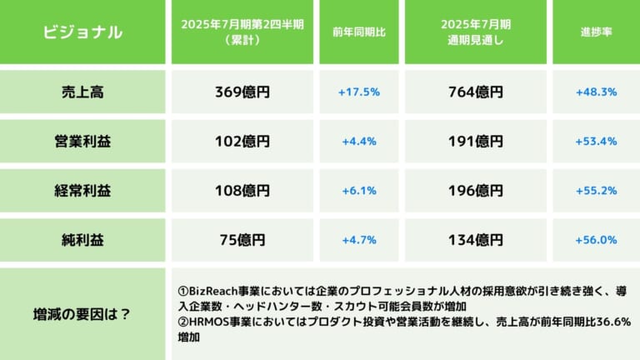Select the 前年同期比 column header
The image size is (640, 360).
[x=358, y=32]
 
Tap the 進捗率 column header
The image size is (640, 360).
[x=595, y=32]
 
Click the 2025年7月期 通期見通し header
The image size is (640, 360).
[x=476, y=32]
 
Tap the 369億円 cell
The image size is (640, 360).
[x=242, y=92]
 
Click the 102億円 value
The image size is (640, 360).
[x=242, y=142]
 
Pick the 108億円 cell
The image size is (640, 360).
[x=242, y=191]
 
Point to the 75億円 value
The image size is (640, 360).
[x=242, y=240]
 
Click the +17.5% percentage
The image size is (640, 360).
[x=358, y=92]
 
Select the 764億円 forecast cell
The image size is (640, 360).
[x=476, y=92]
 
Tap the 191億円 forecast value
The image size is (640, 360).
[x=476, y=142]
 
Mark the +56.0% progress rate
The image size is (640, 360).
[x=595, y=240]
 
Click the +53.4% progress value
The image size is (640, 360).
[x=595, y=142]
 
